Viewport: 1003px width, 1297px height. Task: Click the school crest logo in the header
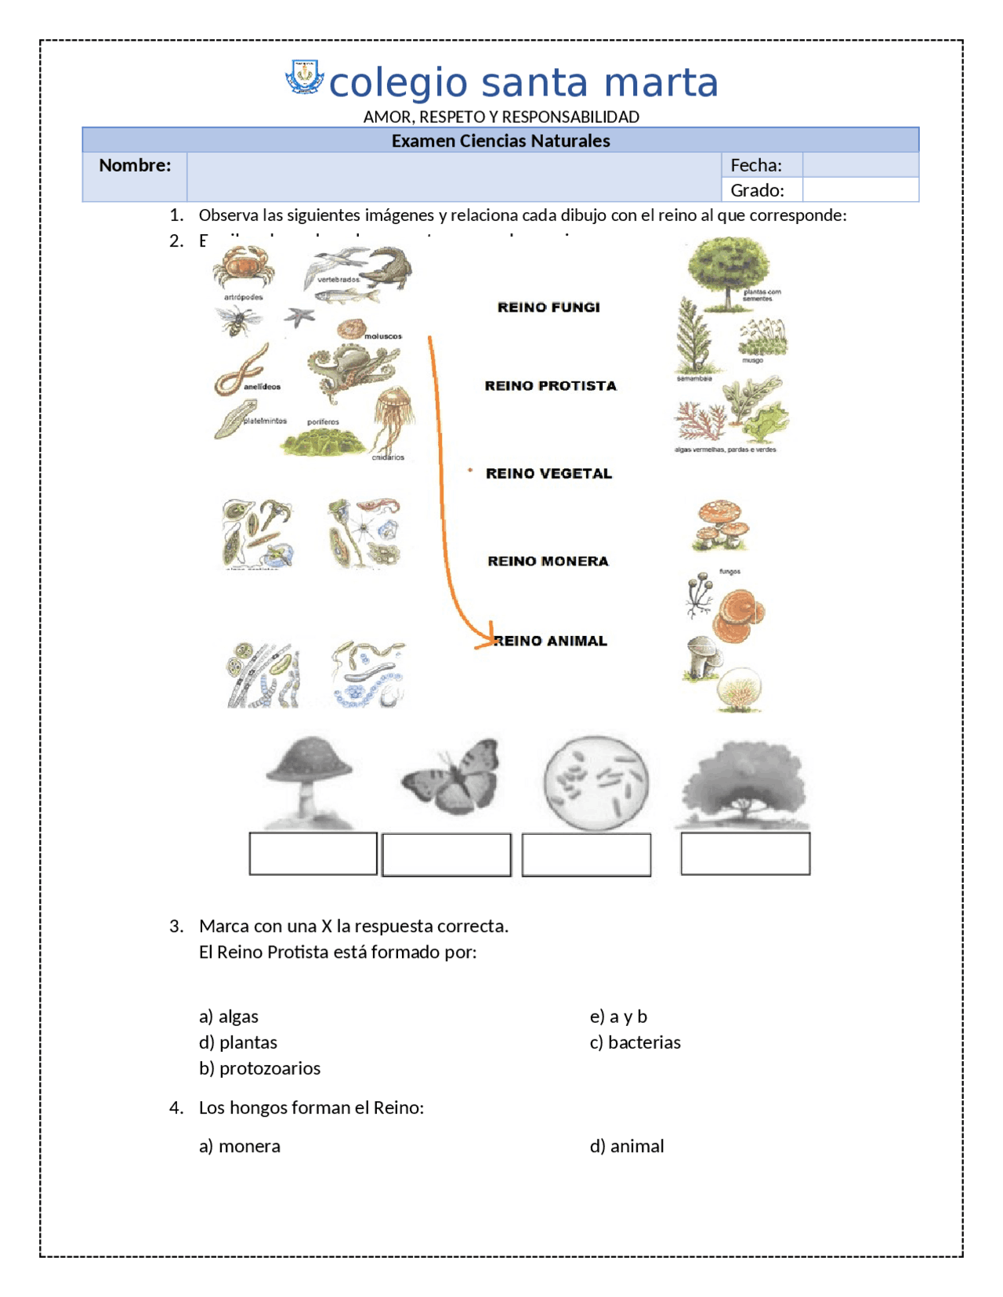304,78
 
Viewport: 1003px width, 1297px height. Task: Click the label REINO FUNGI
549,307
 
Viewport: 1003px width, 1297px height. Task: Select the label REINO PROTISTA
550,385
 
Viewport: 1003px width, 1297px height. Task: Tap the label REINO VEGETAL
549,473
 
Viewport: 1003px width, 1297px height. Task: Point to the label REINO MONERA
548,561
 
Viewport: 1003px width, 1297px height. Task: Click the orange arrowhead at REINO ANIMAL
487,638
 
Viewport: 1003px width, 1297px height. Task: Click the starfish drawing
299,316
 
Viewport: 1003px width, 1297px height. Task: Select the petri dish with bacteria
596,782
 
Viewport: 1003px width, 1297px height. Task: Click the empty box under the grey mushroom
313,853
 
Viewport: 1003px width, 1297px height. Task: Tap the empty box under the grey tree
744,853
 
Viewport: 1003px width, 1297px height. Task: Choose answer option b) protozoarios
259,1068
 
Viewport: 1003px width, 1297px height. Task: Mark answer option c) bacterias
635,1042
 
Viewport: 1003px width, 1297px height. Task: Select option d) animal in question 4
626,1146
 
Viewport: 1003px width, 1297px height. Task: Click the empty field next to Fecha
860,165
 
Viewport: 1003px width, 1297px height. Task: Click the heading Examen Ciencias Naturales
500,141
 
